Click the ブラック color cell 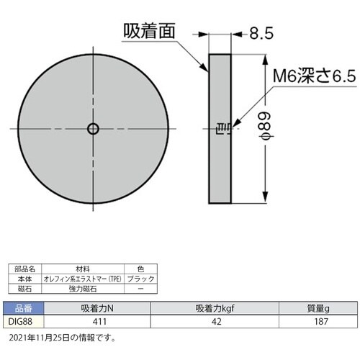[139, 277]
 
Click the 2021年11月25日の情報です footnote [62, 336]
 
